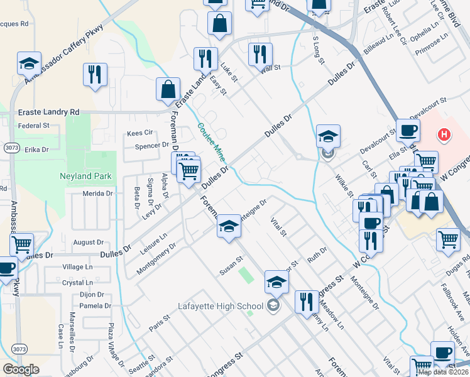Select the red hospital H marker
(444, 134)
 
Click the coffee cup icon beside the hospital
(408, 131)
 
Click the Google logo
(21, 369)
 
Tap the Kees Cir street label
(140, 133)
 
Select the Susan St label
(231, 266)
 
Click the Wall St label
(270, 68)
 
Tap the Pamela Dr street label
(96, 306)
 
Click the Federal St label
(34, 126)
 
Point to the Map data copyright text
(443, 372)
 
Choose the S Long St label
(319, 50)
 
